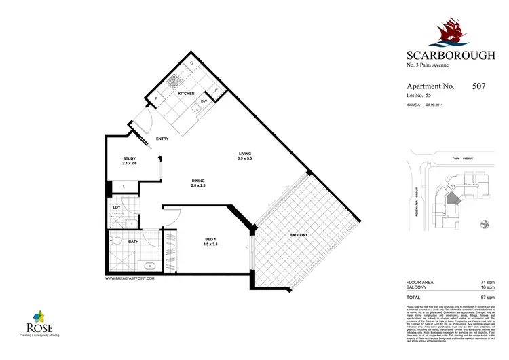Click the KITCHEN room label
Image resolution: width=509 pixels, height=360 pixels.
(186, 94)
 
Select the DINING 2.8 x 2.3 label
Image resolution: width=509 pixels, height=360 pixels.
(198, 183)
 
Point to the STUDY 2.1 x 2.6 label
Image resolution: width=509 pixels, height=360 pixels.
(130, 161)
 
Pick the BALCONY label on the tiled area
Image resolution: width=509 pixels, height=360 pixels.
(299, 235)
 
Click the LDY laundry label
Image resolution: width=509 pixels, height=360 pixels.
(117, 209)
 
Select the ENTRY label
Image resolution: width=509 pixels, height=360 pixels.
(162, 139)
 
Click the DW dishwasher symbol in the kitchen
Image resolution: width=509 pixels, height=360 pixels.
(203, 102)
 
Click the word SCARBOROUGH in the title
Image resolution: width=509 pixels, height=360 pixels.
(449, 56)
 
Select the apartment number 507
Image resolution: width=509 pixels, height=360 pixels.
(478, 87)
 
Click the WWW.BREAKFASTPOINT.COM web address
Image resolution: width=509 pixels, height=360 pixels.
(130, 278)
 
